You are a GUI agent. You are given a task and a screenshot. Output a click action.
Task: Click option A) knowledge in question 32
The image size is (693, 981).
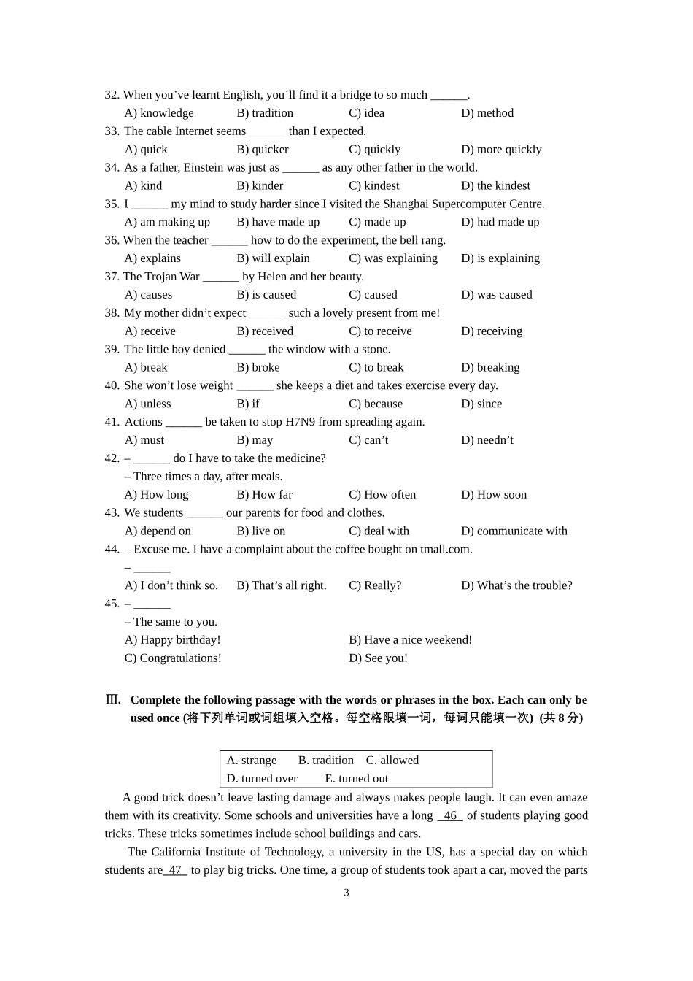(x=159, y=113)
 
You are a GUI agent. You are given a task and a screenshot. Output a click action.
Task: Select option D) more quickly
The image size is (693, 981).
(x=501, y=150)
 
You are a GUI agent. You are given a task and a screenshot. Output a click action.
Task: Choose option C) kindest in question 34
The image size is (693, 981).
(x=373, y=186)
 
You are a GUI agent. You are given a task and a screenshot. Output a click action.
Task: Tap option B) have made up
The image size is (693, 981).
(x=278, y=222)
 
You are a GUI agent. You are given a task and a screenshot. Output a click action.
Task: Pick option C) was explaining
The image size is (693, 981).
(x=393, y=258)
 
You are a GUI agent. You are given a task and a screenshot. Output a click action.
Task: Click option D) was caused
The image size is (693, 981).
(x=496, y=295)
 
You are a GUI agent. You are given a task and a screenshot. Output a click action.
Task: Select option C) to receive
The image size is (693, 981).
(x=380, y=331)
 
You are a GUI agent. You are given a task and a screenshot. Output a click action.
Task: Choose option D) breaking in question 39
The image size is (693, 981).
(x=490, y=367)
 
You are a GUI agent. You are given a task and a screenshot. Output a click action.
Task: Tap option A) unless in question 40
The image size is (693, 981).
(x=147, y=404)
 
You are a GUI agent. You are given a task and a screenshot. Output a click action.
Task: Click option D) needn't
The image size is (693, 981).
(x=487, y=440)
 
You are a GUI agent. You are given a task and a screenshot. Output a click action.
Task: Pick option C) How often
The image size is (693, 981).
(x=382, y=495)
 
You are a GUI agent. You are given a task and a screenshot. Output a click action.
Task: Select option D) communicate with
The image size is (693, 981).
(x=514, y=531)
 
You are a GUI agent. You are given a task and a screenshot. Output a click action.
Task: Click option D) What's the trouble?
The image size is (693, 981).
(x=516, y=585)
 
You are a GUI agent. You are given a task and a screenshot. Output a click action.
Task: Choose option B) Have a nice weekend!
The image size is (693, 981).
(x=410, y=640)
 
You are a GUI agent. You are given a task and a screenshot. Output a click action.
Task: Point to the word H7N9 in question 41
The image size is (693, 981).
(x=301, y=422)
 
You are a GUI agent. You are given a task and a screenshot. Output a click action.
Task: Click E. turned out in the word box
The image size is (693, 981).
(x=356, y=779)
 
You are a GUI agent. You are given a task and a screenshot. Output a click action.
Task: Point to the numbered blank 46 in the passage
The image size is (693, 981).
(x=450, y=816)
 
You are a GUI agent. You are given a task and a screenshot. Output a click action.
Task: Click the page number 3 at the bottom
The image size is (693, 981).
(x=346, y=893)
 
